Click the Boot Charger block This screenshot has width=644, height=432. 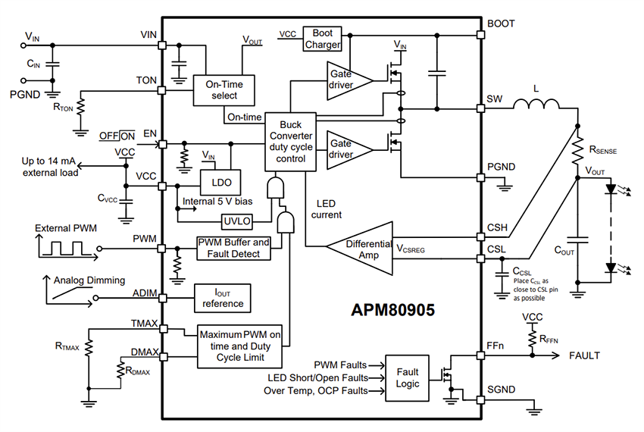pos(324,39)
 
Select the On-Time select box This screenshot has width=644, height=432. pos(224,90)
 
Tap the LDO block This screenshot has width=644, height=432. pos(220,182)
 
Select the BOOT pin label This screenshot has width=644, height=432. pos(502,23)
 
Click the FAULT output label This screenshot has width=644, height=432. pos(584,355)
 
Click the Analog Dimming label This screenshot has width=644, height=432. pos(89,280)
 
